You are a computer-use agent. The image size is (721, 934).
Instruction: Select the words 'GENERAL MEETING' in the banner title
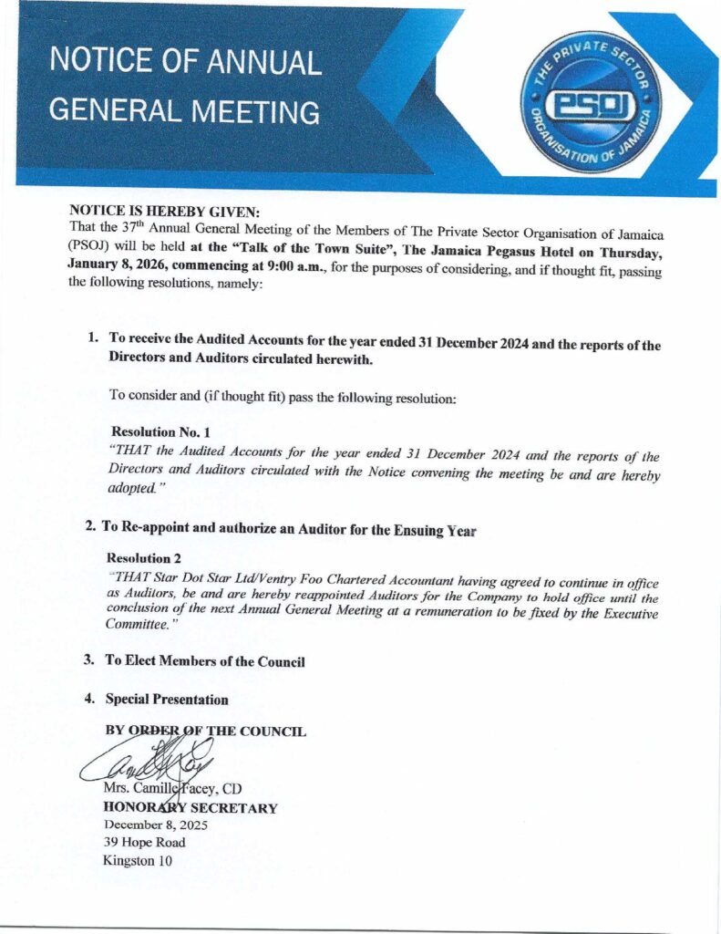click(184, 111)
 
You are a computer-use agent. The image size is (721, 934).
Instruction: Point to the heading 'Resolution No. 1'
click(160, 430)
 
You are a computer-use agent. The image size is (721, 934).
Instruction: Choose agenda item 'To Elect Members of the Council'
click(205, 661)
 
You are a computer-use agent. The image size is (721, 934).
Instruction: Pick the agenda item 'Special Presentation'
click(167, 700)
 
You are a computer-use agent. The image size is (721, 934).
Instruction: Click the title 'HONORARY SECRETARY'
click(191, 807)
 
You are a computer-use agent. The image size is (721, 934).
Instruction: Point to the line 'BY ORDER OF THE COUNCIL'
click(205, 732)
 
